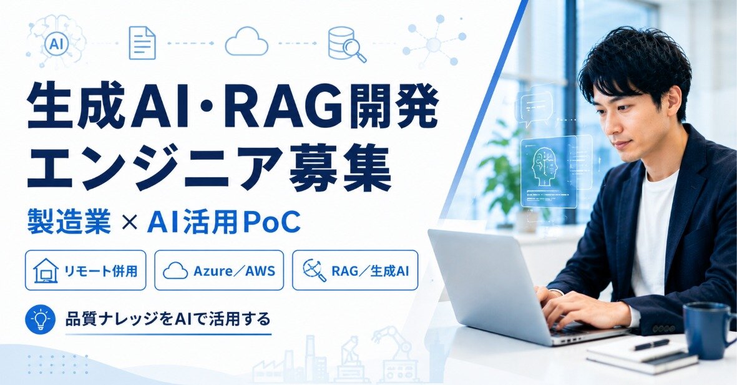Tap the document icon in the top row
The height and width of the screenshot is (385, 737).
point(142,43)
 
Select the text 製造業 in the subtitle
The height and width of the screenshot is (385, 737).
point(69,222)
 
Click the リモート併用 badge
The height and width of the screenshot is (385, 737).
point(85,270)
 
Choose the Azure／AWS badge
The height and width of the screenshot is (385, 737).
point(219,270)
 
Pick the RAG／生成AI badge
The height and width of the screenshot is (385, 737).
point(355,270)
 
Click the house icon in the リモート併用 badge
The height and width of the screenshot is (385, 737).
point(46,271)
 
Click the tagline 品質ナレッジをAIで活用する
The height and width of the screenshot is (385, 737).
point(168,319)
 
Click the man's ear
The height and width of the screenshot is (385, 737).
point(673,103)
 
